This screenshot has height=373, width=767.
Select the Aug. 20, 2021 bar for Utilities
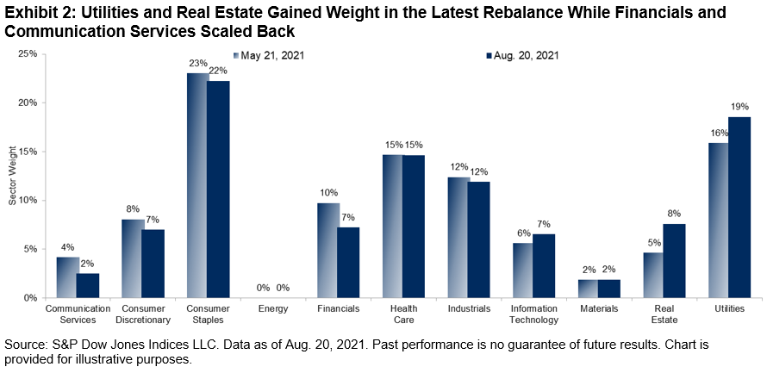pyautogui.click(x=739, y=207)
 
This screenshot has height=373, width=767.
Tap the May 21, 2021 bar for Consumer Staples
pyautogui.click(x=197, y=185)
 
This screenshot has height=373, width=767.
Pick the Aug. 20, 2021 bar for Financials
pyautogui.click(x=348, y=262)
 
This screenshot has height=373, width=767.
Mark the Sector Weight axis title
pyautogui.click(x=11, y=176)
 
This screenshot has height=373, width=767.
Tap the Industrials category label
pyautogui.click(x=470, y=308)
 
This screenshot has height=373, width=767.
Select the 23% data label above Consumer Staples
pyautogui.click(x=196, y=63)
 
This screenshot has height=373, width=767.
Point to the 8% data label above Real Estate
pyautogui.click(x=673, y=214)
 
